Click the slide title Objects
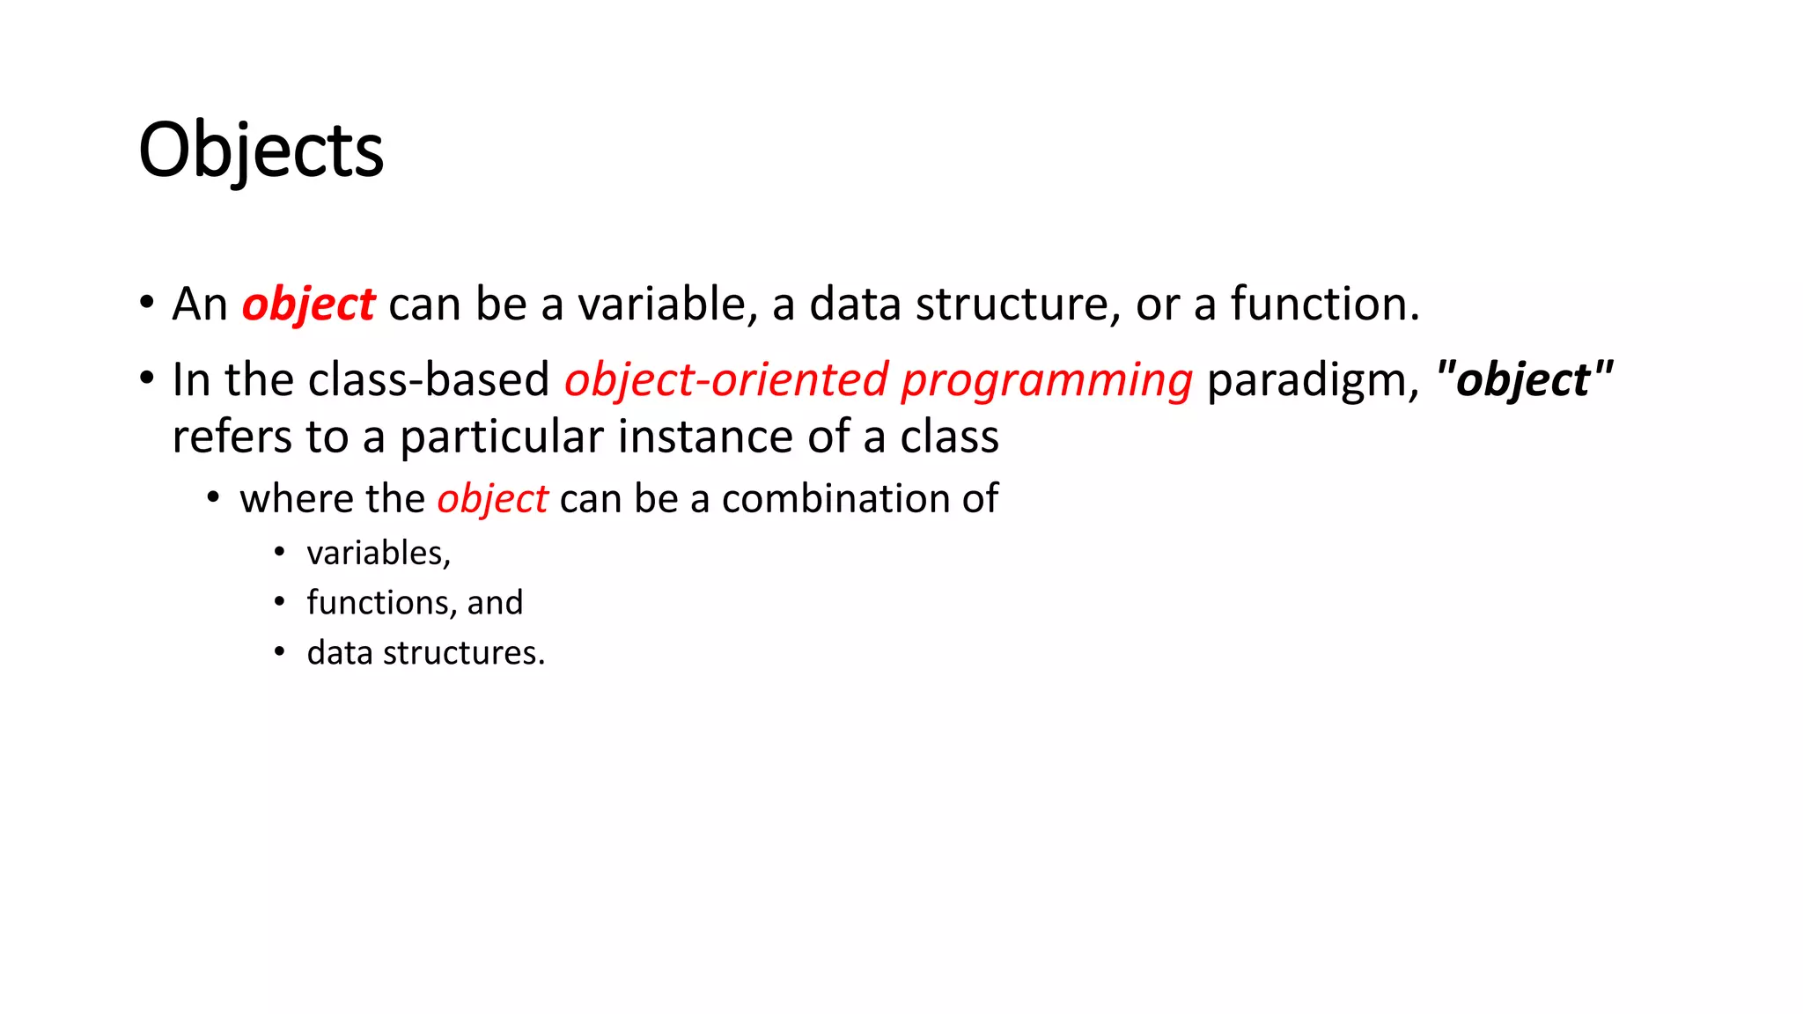click(x=261, y=151)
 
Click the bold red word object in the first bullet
click(x=308, y=305)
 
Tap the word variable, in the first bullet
click(x=667, y=305)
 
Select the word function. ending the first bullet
click(x=1325, y=305)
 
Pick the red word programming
click(x=1047, y=382)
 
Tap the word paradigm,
click(x=1313, y=382)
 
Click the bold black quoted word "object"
click(x=1524, y=380)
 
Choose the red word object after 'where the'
click(x=492, y=499)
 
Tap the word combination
click(x=835, y=499)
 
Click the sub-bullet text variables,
click(x=379, y=553)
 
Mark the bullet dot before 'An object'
click(x=146, y=303)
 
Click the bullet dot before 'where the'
click(x=213, y=498)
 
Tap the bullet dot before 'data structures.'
click(x=279, y=652)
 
